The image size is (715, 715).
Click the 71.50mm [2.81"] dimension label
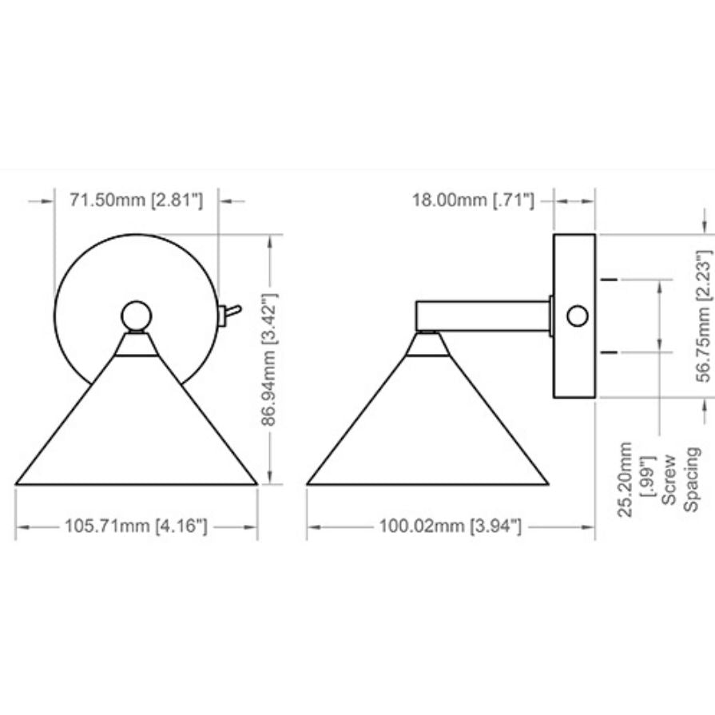[x=136, y=201]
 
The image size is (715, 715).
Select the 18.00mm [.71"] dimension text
[x=473, y=201]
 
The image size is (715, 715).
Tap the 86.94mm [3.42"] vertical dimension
[x=269, y=359]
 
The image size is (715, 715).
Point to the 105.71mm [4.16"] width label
[x=136, y=526]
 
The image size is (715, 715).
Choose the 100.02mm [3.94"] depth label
[x=450, y=526]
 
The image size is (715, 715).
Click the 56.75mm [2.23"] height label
[x=704, y=316]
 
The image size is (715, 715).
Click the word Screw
[x=669, y=479]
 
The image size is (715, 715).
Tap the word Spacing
[x=691, y=479]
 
